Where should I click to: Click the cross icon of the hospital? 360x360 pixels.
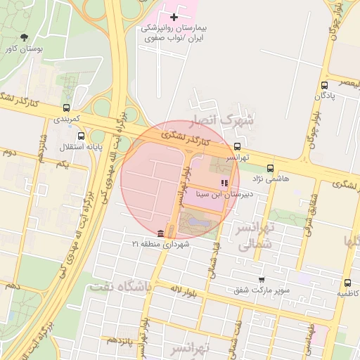[174, 16]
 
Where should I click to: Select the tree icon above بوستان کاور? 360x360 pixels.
[25, 37]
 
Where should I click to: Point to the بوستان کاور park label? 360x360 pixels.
[24, 49]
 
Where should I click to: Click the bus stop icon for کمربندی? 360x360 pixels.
[66, 108]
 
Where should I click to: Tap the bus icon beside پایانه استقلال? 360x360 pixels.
[81, 136]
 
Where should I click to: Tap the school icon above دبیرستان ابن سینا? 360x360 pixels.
[225, 183]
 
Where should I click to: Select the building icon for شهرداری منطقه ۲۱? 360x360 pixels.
[161, 233]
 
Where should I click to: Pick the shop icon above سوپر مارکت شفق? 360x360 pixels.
[262, 279]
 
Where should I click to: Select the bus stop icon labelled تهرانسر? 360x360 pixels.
[237, 148]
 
